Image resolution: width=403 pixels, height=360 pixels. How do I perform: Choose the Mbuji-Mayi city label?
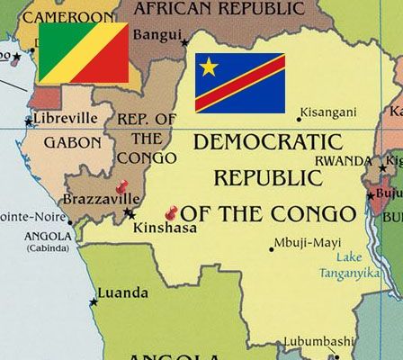click(x=307, y=241)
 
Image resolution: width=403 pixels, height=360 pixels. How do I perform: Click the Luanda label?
click(x=122, y=293)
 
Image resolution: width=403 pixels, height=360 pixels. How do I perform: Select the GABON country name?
click(x=73, y=142)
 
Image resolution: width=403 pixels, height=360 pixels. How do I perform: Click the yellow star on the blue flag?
click(x=209, y=67)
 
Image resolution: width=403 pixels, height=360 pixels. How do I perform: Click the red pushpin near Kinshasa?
click(x=172, y=213)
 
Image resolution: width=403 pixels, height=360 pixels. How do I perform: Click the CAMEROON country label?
click(x=69, y=16)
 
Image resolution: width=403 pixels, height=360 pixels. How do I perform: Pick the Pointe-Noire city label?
click(x=32, y=216)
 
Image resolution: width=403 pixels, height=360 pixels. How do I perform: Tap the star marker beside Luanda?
click(x=94, y=301)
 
